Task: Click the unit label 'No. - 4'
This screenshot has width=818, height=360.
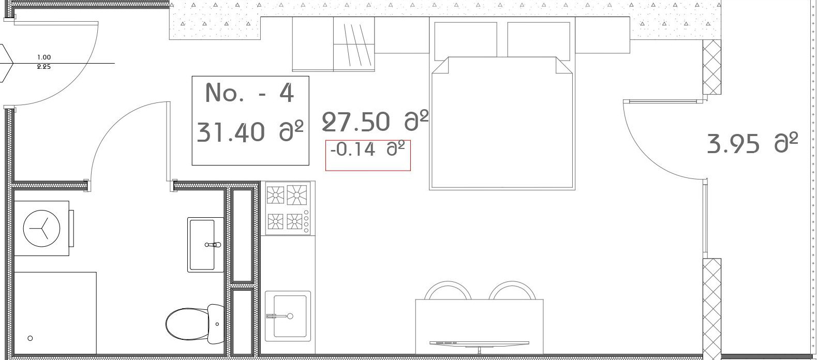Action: coord(249,93)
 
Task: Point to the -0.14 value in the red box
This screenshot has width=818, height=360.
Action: coord(353,149)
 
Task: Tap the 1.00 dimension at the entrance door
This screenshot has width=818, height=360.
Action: coord(44,57)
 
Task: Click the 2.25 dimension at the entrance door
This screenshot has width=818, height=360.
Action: coord(44,67)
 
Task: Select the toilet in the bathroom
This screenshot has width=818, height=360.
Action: coord(195,323)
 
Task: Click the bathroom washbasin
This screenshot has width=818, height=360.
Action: coord(205,245)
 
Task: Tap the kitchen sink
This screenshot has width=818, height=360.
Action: coord(288,316)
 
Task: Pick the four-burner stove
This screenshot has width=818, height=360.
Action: coord(288,208)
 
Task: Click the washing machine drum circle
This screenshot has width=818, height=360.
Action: coord(41,229)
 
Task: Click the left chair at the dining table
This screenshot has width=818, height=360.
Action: coord(448,290)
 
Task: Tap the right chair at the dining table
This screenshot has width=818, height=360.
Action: coord(512,290)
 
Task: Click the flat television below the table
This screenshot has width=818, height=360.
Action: coord(480,344)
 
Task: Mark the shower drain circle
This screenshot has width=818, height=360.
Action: coord(31,338)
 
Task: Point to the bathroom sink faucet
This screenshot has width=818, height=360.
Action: coord(213,245)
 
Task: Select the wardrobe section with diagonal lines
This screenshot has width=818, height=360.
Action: coord(354,44)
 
